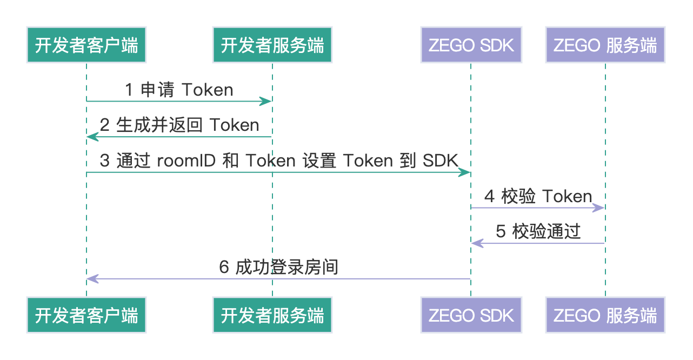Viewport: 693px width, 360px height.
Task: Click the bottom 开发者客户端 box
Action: click(x=86, y=315)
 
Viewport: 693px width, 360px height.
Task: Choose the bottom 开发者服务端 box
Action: click(x=272, y=315)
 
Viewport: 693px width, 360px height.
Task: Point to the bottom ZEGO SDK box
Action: click(x=471, y=315)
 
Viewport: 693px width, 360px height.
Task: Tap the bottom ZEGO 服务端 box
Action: click(x=605, y=315)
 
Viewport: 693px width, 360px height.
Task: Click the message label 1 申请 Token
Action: click(x=179, y=90)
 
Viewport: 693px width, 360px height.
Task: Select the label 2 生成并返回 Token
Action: click(x=179, y=125)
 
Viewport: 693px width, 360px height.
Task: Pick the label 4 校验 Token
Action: click(x=538, y=197)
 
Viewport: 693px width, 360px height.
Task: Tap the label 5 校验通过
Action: click(x=538, y=232)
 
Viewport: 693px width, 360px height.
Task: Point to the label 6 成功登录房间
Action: click(x=278, y=268)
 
